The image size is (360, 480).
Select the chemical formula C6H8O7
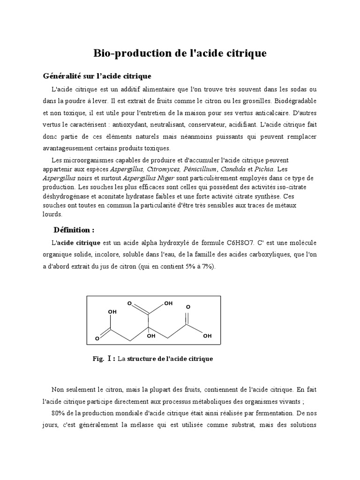[x=240, y=243]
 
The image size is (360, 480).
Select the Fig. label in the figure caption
[x=97, y=359]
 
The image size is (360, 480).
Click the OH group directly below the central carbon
[x=150, y=336]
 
